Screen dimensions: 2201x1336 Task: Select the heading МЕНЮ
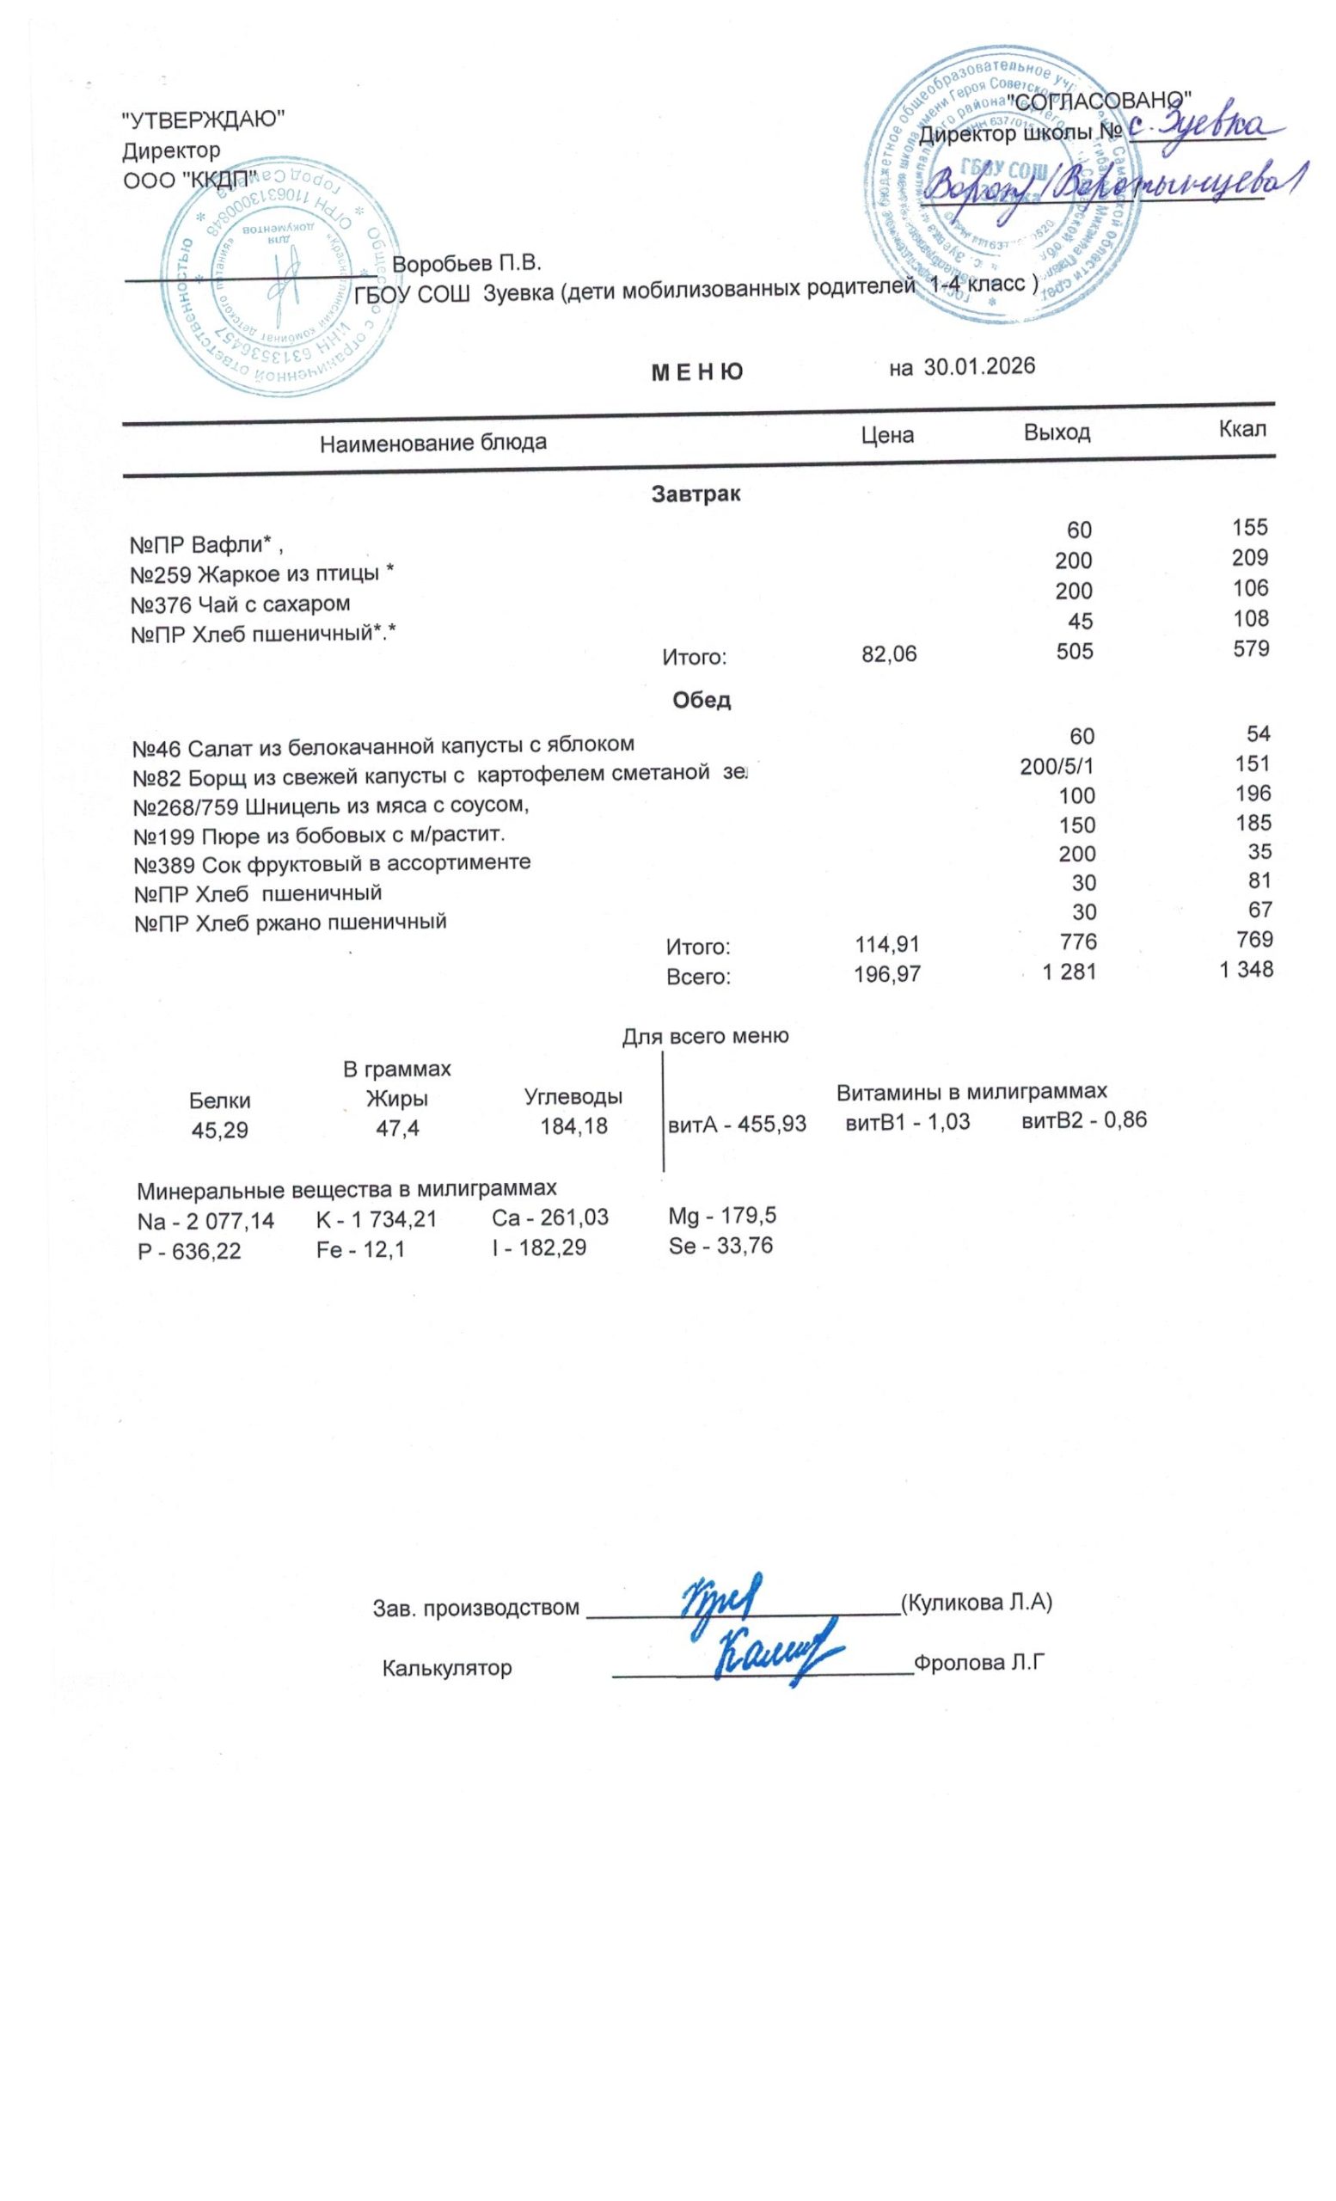(696, 372)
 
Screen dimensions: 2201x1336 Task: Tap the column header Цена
(886, 435)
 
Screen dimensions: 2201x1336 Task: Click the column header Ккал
(1242, 429)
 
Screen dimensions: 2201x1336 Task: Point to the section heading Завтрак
(696, 494)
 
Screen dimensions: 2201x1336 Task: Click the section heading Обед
(701, 700)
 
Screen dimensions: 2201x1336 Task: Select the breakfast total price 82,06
(889, 654)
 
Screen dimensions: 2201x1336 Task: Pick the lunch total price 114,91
(886, 943)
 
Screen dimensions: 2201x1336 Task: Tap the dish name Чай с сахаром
(273, 604)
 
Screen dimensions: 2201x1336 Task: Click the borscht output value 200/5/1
(1057, 766)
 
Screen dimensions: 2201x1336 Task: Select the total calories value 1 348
(1246, 969)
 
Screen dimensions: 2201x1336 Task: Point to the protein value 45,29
(220, 1130)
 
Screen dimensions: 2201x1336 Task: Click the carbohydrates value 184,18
(573, 1126)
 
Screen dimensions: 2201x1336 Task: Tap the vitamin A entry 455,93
(737, 1125)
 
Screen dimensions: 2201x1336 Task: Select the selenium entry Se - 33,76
(720, 1245)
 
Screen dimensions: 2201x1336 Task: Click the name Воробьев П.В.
(466, 265)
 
